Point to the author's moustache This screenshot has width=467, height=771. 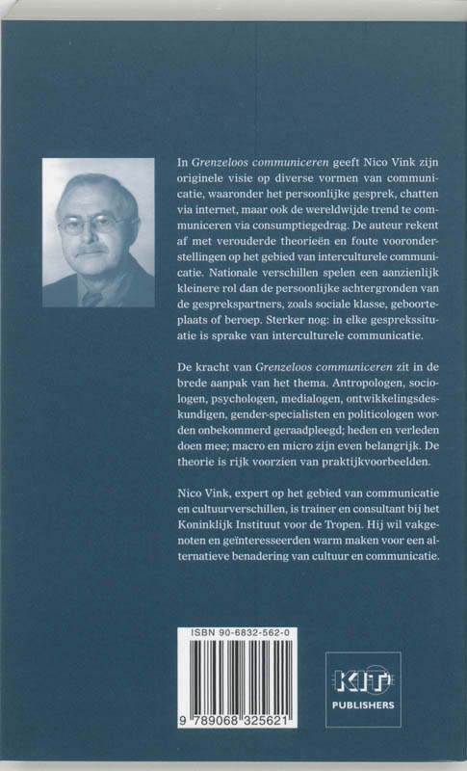click(x=92, y=249)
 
